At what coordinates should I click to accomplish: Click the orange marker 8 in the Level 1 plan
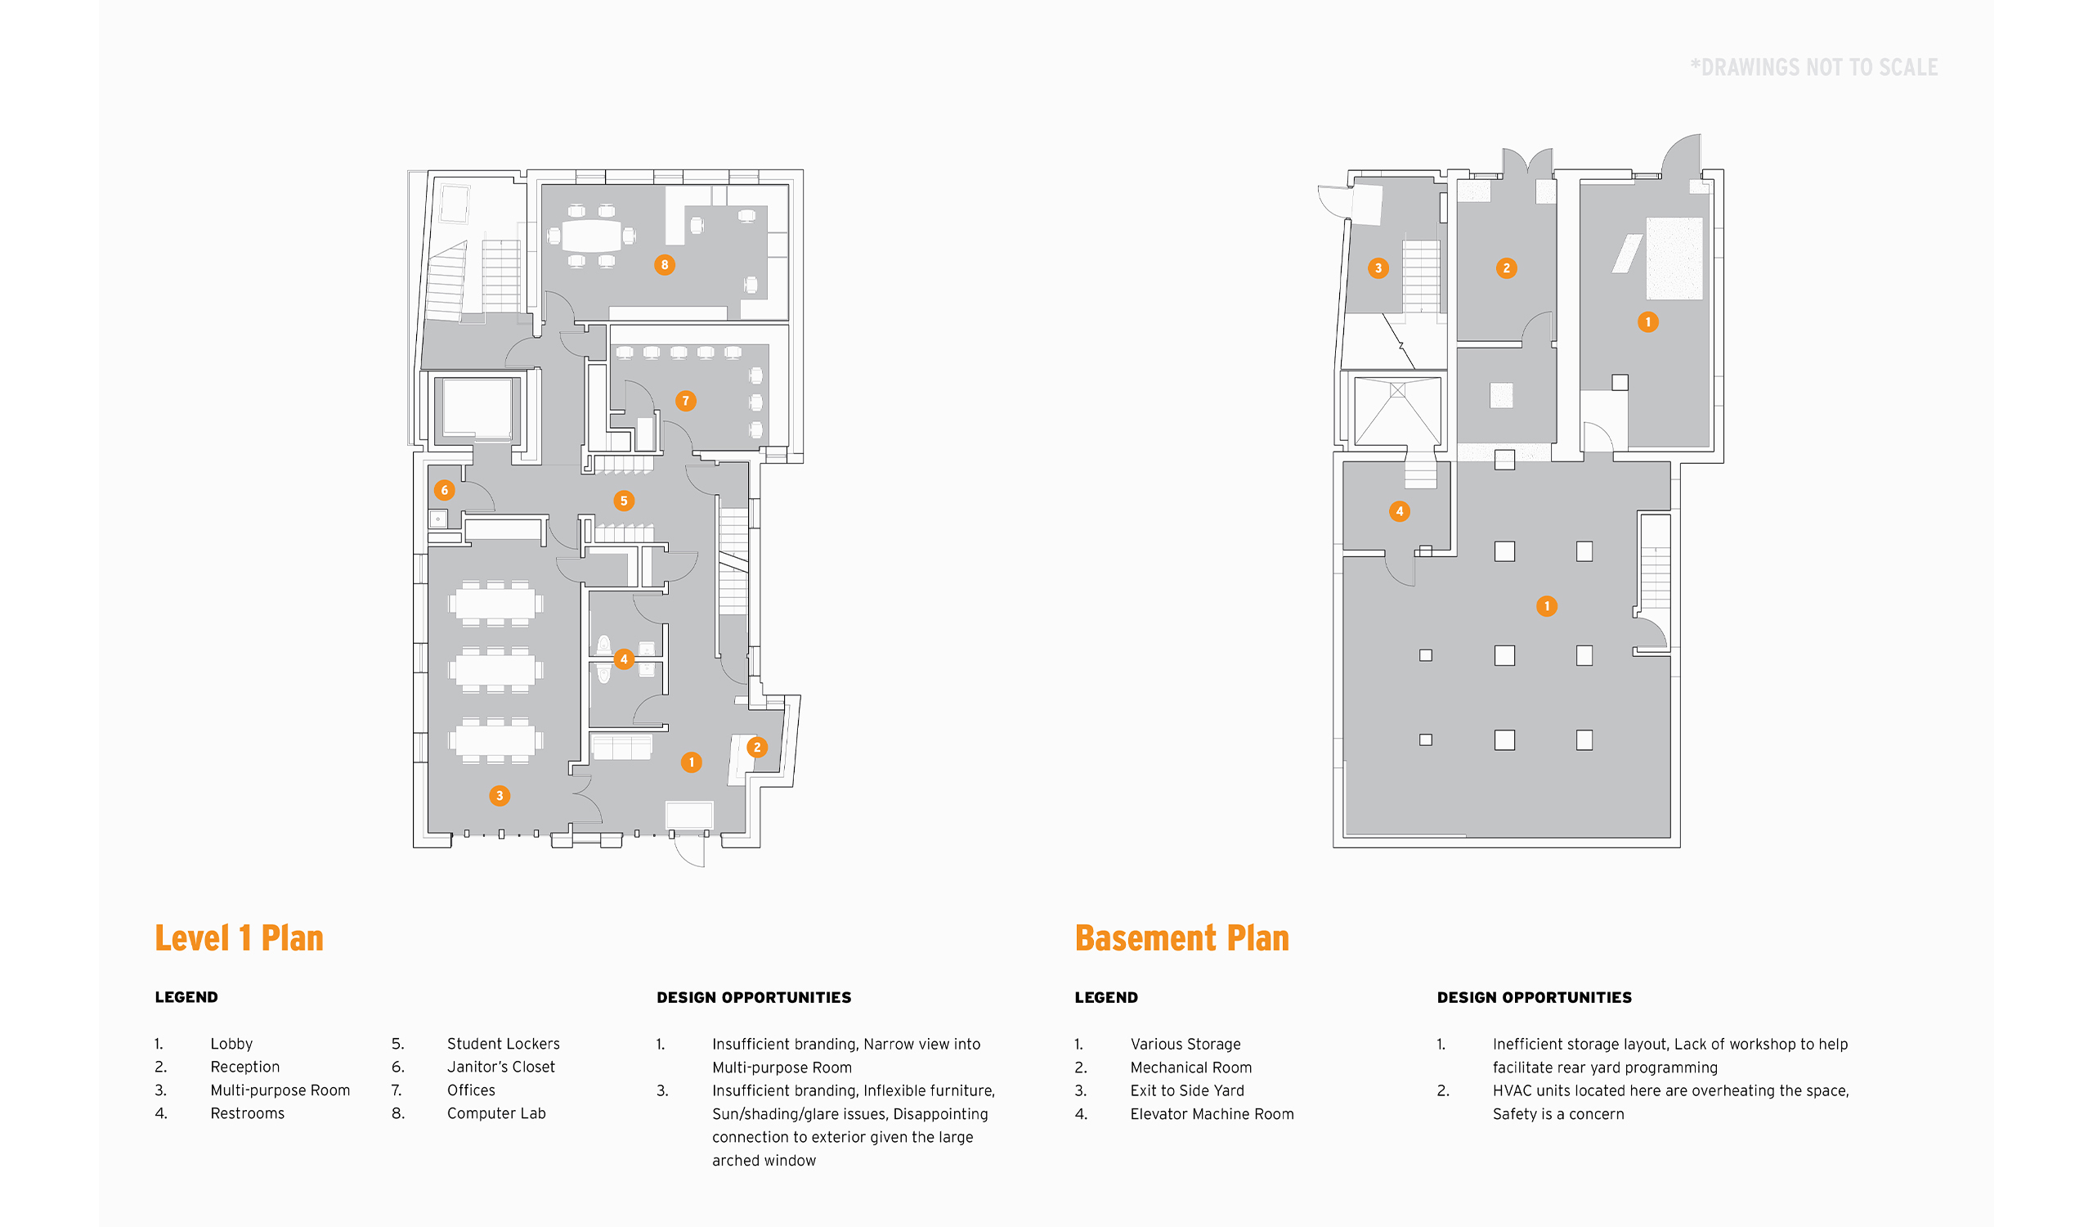pyautogui.click(x=665, y=265)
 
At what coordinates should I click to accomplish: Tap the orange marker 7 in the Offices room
pyautogui.click(x=685, y=402)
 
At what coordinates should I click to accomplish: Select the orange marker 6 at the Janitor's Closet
pyautogui.click(x=444, y=490)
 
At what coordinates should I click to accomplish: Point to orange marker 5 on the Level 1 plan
pyautogui.click(x=624, y=501)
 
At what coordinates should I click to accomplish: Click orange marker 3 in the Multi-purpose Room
pyautogui.click(x=500, y=796)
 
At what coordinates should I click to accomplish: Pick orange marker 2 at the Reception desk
pyautogui.click(x=756, y=748)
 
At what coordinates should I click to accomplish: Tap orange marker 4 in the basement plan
pyautogui.click(x=1400, y=512)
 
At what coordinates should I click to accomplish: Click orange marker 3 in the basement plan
pyautogui.click(x=1378, y=268)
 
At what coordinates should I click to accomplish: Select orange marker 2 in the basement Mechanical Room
pyautogui.click(x=1507, y=268)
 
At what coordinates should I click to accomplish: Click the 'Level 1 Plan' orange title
pyautogui.click(x=240, y=939)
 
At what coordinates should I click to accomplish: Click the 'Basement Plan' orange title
pyautogui.click(x=1182, y=939)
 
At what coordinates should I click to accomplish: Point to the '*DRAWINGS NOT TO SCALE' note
pyautogui.click(x=1814, y=68)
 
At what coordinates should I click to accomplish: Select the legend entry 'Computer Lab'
pyautogui.click(x=495, y=1114)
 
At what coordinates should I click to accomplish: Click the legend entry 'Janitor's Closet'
pyautogui.click(x=501, y=1067)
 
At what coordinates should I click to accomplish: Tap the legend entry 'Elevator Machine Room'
pyautogui.click(x=1212, y=1115)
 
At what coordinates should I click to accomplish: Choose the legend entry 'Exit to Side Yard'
pyautogui.click(x=1187, y=1091)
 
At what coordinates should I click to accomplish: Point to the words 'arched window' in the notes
pyautogui.click(x=764, y=1162)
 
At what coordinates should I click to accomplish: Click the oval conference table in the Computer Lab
pyautogui.click(x=591, y=236)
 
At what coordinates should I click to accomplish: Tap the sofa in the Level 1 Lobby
pyautogui.click(x=621, y=747)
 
